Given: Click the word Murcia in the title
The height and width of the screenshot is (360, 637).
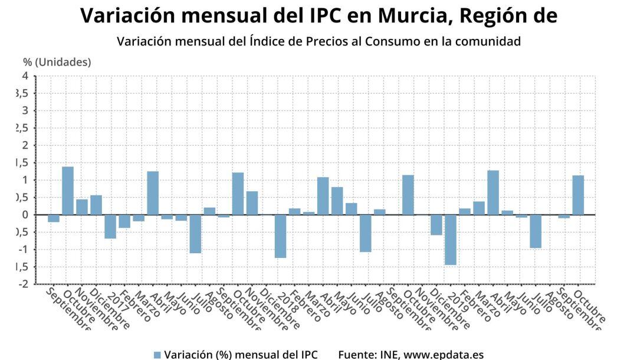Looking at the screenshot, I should pyautogui.click(x=407, y=16).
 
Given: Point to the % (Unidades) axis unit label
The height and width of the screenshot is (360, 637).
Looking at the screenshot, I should pyautogui.click(x=57, y=62).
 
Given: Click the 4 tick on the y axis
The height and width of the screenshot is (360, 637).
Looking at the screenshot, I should pyautogui.click(x=25, y=76).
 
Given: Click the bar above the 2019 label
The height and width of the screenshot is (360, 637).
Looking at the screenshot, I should pyautogui.click(x=451, y=240).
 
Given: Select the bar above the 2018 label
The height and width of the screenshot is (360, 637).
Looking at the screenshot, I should pyautogui.click(x=280, y=236).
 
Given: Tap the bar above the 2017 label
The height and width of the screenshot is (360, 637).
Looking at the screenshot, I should pyautogui.click(x=110, y=227).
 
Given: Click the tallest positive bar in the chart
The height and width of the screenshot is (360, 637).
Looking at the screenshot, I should pyautogui.click(x=68, y=191).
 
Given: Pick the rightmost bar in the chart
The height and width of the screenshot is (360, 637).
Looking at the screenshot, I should pyautogui.click(x=578, y=195).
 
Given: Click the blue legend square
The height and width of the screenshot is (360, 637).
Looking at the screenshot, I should pyautogui.click(x=157, y=355).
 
